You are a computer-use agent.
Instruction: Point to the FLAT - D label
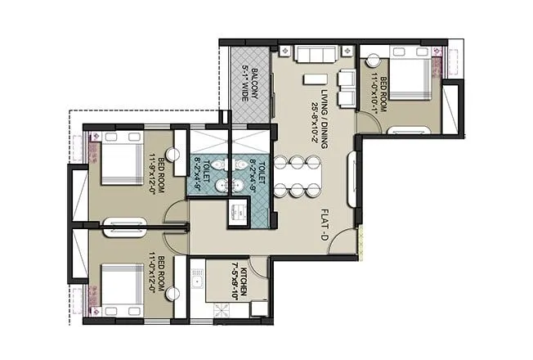point(325,226)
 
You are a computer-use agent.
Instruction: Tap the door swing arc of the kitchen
point(258,266)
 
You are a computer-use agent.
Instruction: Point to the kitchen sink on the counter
point(197,281)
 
